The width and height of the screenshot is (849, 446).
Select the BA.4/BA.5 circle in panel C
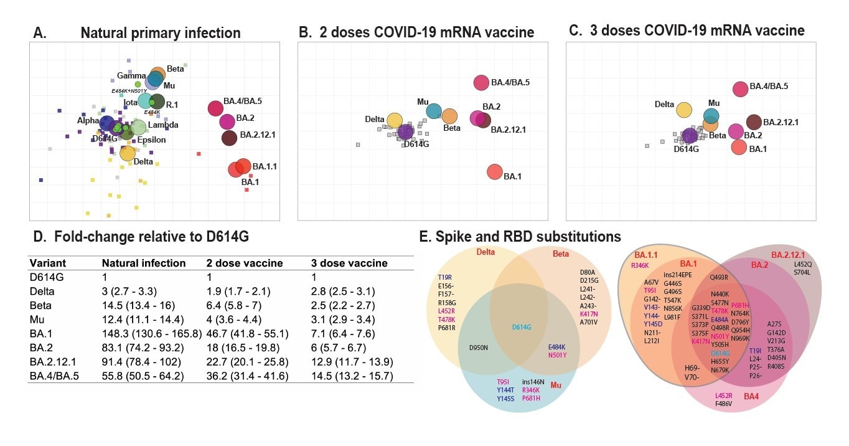pyautogui.click(x=740, y=89)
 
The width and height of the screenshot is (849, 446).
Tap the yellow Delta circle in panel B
pyautogui.click(x=395, y=121)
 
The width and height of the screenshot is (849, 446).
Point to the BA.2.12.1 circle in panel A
pyautogui.click(x=230, y=138)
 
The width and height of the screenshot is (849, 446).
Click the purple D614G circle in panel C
pyautogui.click(x=690, y=136)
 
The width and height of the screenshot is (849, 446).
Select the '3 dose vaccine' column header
pyautogui.click(x=349, y=263)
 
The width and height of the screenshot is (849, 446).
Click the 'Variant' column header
pyautogui.click(x=49, y=263)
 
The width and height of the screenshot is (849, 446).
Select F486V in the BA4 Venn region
pyautogui.click(x=724, y=404)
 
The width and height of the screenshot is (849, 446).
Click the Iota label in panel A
pyautogui.click(x=131, y=102)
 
